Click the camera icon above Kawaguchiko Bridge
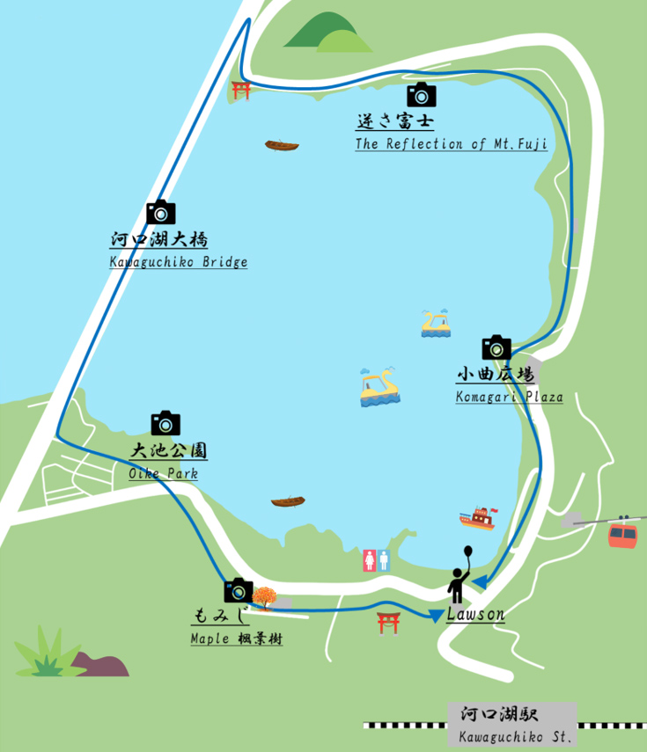point(161,212)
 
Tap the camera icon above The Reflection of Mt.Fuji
point(422,94)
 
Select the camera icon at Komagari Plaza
point(496,347)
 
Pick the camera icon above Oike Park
point(165,423)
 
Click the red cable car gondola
point(622,534)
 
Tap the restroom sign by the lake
point(376,560)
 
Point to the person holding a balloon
point(460,576)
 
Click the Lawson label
point(475,615)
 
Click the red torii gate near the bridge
point(241,90)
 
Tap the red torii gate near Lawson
point(389,623)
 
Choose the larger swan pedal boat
point(379,389)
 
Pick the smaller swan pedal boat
point(436,324)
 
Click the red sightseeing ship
point(478,519)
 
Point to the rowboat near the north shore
point(282,145)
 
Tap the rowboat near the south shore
point(288,502)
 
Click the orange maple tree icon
point(264,598)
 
